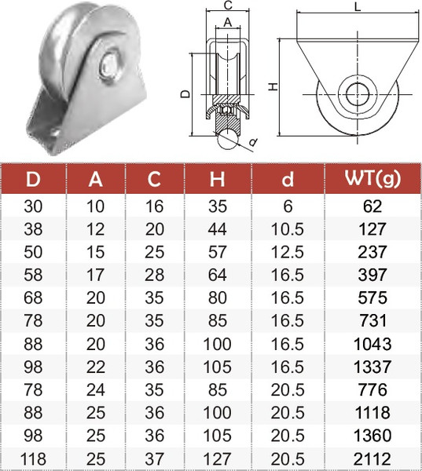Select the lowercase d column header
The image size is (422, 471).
coord(288,180)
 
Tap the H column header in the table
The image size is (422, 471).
coord(217,180)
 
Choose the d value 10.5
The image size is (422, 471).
coord(288,230)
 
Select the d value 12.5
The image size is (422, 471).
coord(288,253)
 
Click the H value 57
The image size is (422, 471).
coord(218,253)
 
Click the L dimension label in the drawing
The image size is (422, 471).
coord(358,7)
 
